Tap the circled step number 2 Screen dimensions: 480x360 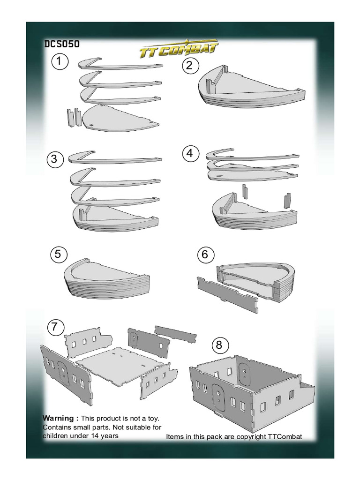(x=189, y=66)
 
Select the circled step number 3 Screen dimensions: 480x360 (x=55, y=159)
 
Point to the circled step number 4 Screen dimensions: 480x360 (x=189, y=153)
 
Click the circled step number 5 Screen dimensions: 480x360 (x=58, y=255)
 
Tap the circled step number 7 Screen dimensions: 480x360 (x=55, y=327)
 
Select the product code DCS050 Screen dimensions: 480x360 (x=61, y=45)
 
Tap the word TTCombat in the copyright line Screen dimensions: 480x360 (x=285, y=437)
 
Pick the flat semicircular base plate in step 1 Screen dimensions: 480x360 (x=120, y=117)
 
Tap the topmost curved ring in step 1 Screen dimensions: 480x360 (x=120, y=64)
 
